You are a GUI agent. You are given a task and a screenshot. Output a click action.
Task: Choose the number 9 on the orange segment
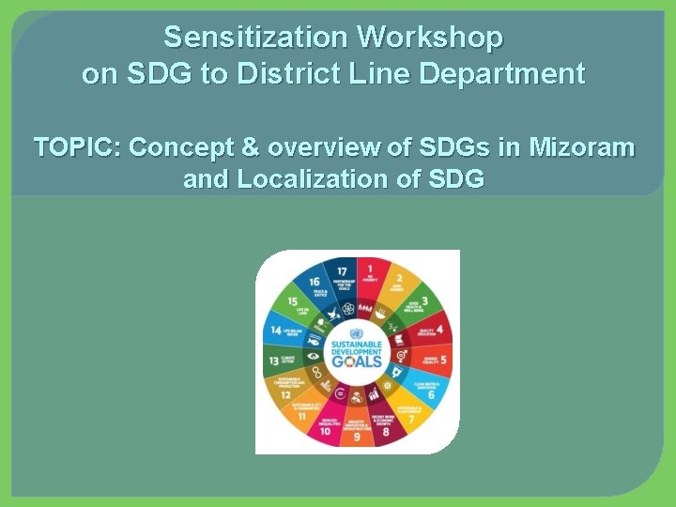357,438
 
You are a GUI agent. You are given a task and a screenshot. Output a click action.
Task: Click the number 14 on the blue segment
275,330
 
